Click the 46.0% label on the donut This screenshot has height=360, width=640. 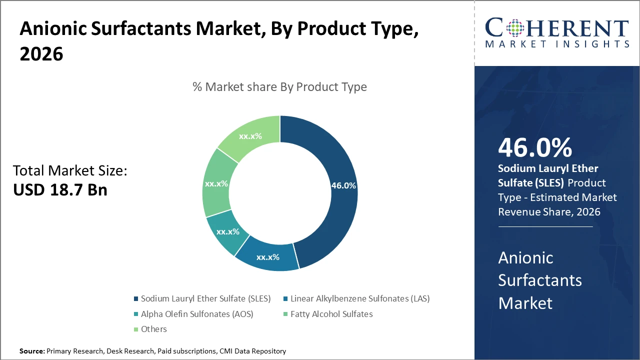pos(343,185)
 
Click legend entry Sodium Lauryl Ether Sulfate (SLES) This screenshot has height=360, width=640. pos(205,299)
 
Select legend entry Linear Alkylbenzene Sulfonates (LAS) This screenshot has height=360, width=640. pos(359,299)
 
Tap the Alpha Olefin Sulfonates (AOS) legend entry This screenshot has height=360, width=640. pos(197,314)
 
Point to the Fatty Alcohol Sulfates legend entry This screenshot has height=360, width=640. pos(331,314)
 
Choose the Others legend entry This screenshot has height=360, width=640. pos(153,329)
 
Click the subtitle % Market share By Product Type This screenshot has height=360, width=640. pos(279,87)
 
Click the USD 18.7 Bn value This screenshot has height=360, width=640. pos(60,189)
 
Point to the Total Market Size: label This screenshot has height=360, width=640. pos(70,171)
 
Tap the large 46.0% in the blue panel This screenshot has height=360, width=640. pos(535,148)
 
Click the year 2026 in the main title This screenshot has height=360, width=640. pos(41,54)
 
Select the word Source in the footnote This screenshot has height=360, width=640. pos(31,351)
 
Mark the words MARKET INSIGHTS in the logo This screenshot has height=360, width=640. pos(557,44)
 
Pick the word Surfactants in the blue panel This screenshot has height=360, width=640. pos(540,280)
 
